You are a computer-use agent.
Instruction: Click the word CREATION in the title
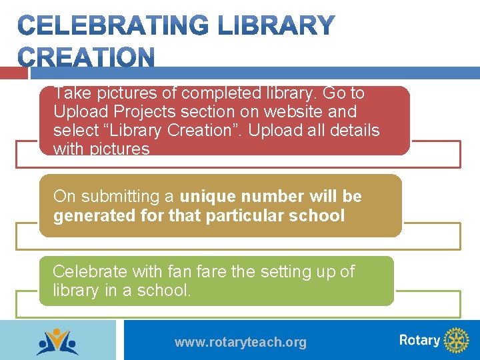tap(86, 57)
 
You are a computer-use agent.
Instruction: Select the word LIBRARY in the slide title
tap(276, 26)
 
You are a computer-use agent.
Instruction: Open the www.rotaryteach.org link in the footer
tap(240, 343)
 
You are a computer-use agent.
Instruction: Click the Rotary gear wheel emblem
tap(456, 341)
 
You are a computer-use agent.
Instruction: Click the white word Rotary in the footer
tap(419, 341)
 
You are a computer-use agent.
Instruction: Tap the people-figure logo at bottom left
tap(57, 341)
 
